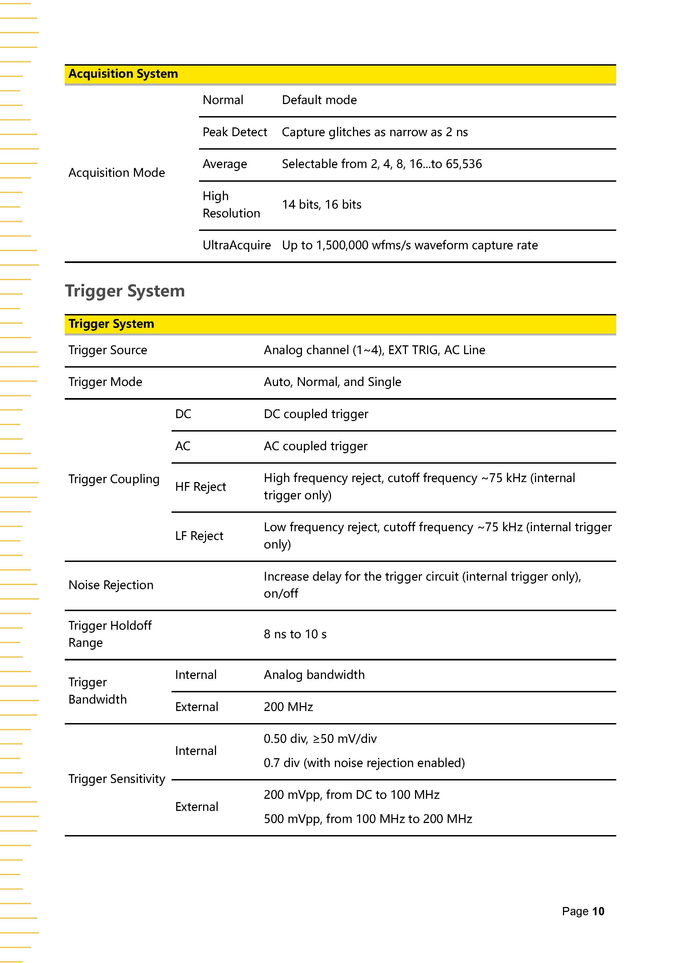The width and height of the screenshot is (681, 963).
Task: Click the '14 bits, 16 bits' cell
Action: (x=322, y=205)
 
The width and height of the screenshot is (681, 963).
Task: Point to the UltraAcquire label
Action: (x=237, y=245)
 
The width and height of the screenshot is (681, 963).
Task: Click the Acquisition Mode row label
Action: (x=117, y=173)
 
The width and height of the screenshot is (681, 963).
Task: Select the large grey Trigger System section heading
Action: (x=125, y=291)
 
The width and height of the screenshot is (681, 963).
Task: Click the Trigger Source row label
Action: (x=108, y=350)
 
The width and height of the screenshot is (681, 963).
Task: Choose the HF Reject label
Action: (x=200, y=487)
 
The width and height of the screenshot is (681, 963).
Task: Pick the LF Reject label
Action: (x=199, y=536)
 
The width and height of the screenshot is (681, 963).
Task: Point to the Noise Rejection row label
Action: (x=111, y=585)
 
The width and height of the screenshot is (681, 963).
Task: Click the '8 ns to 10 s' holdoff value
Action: (x=295, y=634)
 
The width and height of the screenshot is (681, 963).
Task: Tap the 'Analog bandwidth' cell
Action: (x=314, y=675)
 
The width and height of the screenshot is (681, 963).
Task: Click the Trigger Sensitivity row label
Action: (x=117, y=779)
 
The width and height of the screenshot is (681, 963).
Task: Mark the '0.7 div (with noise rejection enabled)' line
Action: (x=364, y=763)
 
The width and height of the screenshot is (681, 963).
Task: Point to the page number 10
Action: (x=598, y=911)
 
